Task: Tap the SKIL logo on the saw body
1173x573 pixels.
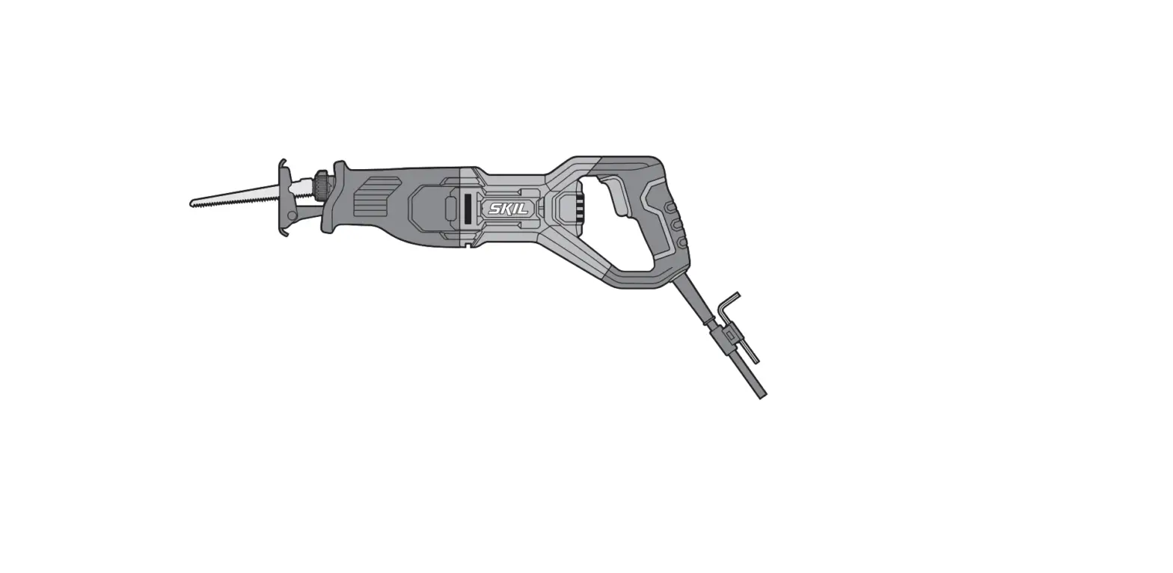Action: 509,209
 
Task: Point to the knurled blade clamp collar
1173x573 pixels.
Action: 322,185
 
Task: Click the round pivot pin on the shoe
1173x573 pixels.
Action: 292,215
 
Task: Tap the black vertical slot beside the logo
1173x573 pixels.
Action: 468,209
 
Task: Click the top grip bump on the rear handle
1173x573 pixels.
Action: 671,207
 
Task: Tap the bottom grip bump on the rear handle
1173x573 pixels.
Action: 682,242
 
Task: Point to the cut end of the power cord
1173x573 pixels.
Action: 762,395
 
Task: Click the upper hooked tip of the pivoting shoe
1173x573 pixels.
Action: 283,162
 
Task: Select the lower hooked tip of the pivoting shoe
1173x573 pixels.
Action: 284,233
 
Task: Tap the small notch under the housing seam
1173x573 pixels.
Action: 468,244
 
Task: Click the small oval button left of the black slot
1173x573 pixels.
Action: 450,209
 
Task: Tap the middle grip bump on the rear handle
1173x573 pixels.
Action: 677,224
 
